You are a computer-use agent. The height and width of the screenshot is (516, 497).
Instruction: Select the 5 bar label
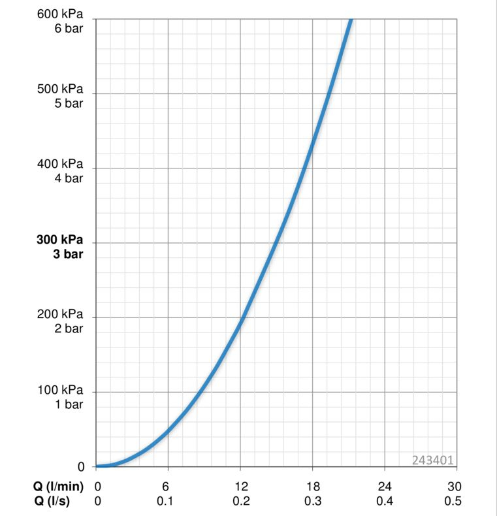tap(69, 103)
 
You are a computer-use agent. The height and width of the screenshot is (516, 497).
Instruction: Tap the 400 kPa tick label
tap(60, 163)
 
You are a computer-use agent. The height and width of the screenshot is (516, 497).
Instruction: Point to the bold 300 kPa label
tap(60, 239)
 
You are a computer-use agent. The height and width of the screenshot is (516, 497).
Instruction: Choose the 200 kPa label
tap(60, 314)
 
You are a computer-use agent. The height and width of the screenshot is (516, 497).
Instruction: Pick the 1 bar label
tap(69, 404)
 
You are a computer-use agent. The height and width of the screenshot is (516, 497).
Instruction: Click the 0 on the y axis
tap(82, 467)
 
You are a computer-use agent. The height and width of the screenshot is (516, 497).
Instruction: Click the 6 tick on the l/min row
tap(166, 487)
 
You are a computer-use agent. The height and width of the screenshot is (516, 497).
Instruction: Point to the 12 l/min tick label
tap(241, 487)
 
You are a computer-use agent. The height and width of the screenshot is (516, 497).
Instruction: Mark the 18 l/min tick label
tap(313, 487)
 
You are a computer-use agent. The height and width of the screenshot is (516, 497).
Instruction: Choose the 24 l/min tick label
tap(385, 487)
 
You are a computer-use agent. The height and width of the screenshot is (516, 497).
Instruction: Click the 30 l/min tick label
tap(455, 487)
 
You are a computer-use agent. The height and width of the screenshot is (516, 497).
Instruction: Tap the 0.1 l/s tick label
tap(166, 501)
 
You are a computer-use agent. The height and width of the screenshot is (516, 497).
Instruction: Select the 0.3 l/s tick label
tap(313, 501)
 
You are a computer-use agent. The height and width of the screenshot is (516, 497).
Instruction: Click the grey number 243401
tap(433, 460)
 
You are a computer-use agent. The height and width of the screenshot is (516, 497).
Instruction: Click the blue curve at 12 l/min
tap(240, 321)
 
